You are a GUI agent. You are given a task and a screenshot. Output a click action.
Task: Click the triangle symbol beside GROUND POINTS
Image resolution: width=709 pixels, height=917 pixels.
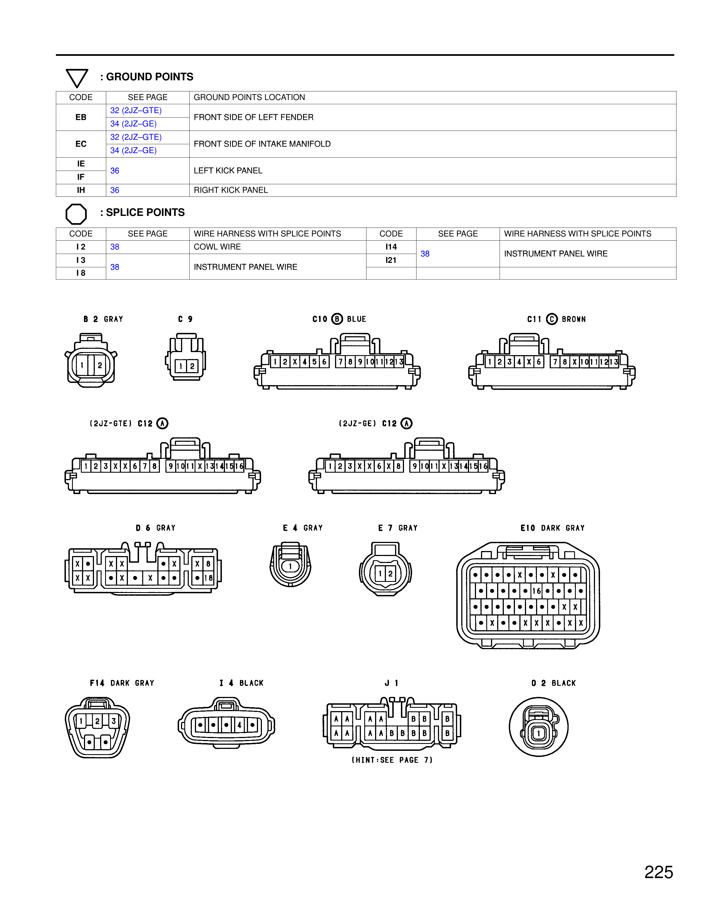(x=77, y=78)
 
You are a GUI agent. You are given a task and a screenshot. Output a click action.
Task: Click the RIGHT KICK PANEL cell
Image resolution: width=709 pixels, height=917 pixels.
(x=230, y=190)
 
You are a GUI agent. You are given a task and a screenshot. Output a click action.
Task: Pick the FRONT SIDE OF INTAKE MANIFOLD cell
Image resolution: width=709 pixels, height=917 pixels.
(x=262, y=144)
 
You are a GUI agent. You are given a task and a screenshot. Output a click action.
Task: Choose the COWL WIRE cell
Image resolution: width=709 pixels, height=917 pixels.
(x=217, y=247)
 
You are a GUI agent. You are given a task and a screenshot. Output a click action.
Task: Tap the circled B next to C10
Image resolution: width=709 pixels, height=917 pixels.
(x=337, y=319)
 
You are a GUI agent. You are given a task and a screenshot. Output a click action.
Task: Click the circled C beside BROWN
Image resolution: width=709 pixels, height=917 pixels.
(x=552, y=319)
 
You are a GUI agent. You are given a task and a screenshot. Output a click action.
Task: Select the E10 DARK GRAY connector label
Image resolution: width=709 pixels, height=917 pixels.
(x=552, y=528)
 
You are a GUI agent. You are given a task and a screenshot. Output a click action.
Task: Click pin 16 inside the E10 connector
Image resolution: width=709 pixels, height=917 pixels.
(x=536, y=591)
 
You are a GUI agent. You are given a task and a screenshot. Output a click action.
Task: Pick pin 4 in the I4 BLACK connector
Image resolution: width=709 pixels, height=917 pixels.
(x=239, y=725)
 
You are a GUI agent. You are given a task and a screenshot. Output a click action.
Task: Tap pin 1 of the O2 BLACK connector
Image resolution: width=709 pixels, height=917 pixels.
(x=539, y=734)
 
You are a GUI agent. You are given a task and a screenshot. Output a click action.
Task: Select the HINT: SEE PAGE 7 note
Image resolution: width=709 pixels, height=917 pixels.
(x=392, y=760)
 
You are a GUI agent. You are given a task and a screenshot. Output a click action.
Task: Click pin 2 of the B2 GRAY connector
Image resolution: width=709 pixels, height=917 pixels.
(x=100, y=365)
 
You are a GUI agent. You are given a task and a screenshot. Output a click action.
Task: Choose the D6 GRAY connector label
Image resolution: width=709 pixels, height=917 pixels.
(x=155, y=528)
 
